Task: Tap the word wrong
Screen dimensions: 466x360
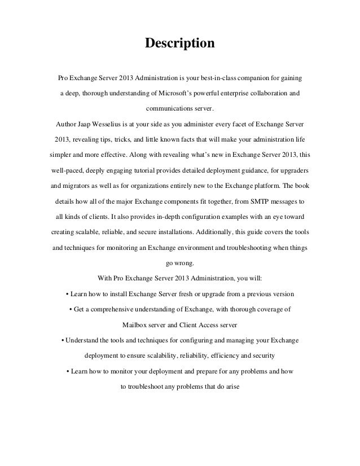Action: click(x=184, y=263)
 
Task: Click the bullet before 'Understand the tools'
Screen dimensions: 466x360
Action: click(x=62, y=341)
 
